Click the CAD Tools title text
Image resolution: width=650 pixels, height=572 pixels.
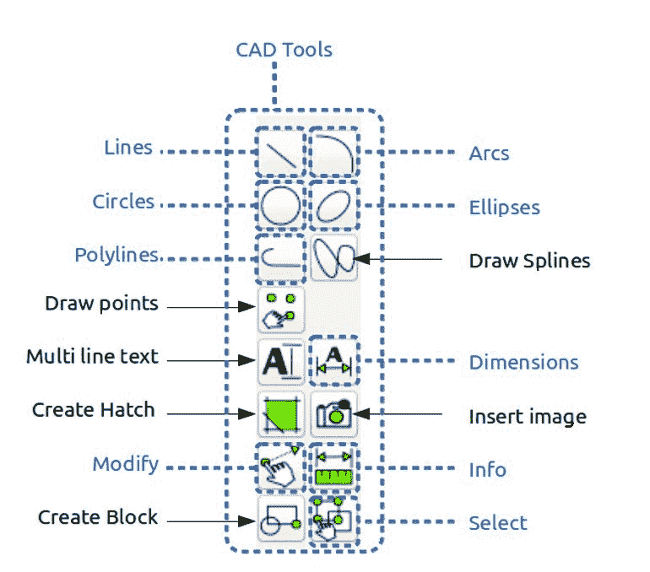[x=284, y=50]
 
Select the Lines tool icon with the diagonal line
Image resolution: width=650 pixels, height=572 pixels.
[x=279, y=153]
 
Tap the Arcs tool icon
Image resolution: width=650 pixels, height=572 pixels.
[x=333, y=153]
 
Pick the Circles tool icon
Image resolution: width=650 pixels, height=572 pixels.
[x=279, y=205]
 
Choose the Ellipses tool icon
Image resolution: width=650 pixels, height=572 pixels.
[x=333, y=205]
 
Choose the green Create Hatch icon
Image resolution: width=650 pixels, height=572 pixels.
[x=279, y=413]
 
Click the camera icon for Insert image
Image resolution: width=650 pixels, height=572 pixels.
[x=333, y=413]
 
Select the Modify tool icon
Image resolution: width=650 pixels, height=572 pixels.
[x=279, y=466]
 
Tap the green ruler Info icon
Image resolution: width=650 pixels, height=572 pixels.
[x=333, y=466]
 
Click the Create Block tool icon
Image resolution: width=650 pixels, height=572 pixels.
[x=279, y=518]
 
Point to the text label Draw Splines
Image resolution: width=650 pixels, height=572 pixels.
[x=529, y=261]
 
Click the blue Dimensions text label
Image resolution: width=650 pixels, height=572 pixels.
[x=523, y=363]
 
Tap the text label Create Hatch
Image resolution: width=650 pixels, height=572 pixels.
[x=94, y=410]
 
